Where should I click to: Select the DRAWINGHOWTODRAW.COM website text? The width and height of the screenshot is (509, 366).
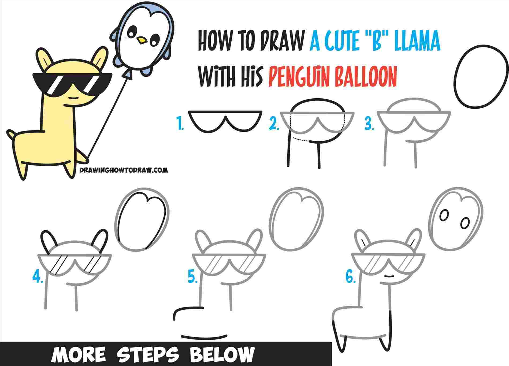[x=124, y=170]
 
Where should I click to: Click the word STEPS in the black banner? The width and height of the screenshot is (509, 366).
[x=149, y=354]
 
